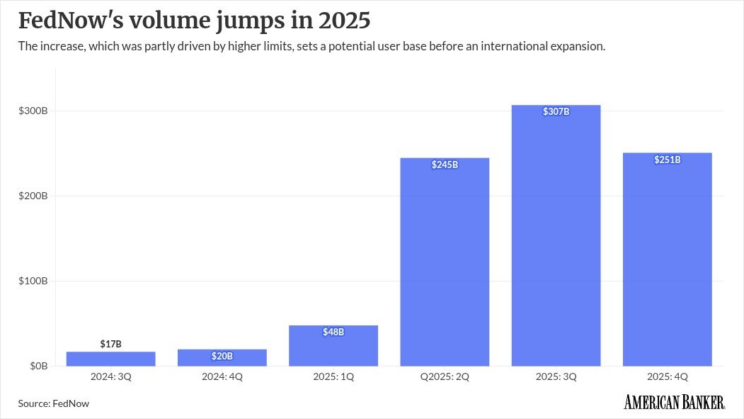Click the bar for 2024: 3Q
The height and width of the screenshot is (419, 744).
(x=110, y=359)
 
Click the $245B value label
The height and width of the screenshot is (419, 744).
(x=445, y=164)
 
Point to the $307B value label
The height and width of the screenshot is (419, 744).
(x=556, y=112)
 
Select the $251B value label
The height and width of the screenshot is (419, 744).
(x=667, y=160)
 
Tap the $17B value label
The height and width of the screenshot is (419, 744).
(x=110, y=344)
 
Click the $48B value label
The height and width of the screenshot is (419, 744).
(x=333, y=332)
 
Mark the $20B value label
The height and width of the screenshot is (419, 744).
(x=222, y=356)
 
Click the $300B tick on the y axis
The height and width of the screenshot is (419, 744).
(x=33, y=111)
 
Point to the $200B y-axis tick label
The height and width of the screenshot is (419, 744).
(x=33, y=196)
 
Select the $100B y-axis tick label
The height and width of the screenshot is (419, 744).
(x=33, y=281)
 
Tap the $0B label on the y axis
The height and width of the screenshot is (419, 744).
(x=38, y=367)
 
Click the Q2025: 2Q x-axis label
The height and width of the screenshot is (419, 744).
(x=445, y=377)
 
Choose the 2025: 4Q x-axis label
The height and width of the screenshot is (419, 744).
(x=667, y=377)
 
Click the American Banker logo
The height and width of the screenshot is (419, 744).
(x=674, y=403)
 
